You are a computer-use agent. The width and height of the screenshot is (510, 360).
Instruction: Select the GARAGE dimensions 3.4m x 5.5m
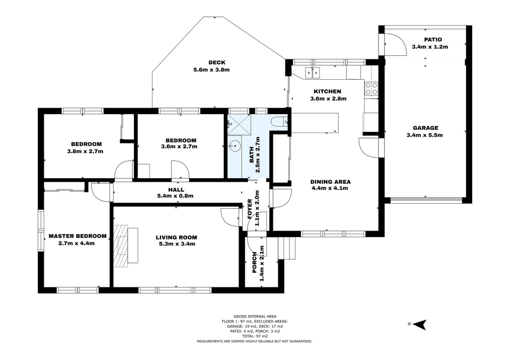point(425,135)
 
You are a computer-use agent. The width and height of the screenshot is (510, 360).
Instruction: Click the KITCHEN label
point(327,92)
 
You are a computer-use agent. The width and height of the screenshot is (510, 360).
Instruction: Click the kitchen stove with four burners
point(372,89)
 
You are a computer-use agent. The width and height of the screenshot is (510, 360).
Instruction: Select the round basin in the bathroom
point(233,146)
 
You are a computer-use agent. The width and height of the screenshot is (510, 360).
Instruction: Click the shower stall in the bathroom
point(240,124)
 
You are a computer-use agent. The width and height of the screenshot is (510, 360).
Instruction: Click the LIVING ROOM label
point(176,238)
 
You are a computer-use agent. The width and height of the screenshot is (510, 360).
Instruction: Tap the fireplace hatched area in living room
point(121,245)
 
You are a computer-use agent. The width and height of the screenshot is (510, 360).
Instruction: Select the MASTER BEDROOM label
point(77,236)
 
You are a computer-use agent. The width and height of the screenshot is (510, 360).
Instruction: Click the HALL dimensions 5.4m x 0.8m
point(176,196)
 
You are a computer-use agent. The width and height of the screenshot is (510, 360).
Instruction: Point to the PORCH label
point(255,262)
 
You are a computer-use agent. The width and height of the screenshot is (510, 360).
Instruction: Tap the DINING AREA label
point(331,182)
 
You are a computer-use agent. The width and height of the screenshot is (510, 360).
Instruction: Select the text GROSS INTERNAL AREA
point(255,316)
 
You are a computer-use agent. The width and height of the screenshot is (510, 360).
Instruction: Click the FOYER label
point(250,209)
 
